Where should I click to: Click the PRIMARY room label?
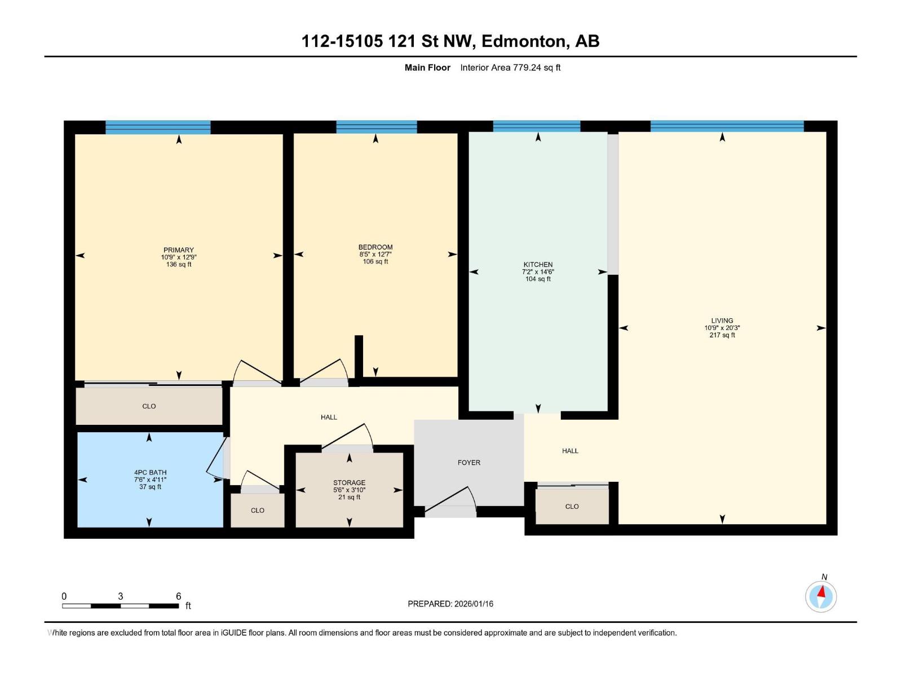click(178, 250)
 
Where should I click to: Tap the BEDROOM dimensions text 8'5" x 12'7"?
click(375, 254)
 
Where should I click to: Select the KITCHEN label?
click(538, 265)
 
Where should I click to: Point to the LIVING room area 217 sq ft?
click(722, 335)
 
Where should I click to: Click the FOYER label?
click(468, 463)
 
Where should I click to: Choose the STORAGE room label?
click(349, 483)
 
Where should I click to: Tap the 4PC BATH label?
click(150, 473)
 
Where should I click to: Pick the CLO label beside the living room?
click(572, 507)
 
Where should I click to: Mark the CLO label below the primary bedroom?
click(149, 406)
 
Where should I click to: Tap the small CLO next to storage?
click(258, 511)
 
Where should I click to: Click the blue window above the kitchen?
click(536, 126)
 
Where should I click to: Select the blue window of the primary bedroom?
click(158, 128)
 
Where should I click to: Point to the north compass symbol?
click(821, 596)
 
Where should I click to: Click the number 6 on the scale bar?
click(178, 596)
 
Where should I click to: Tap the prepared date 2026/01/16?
click(474, 604)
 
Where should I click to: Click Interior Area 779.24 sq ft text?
click(510, 68)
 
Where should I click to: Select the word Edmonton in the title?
click(524, 41)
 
